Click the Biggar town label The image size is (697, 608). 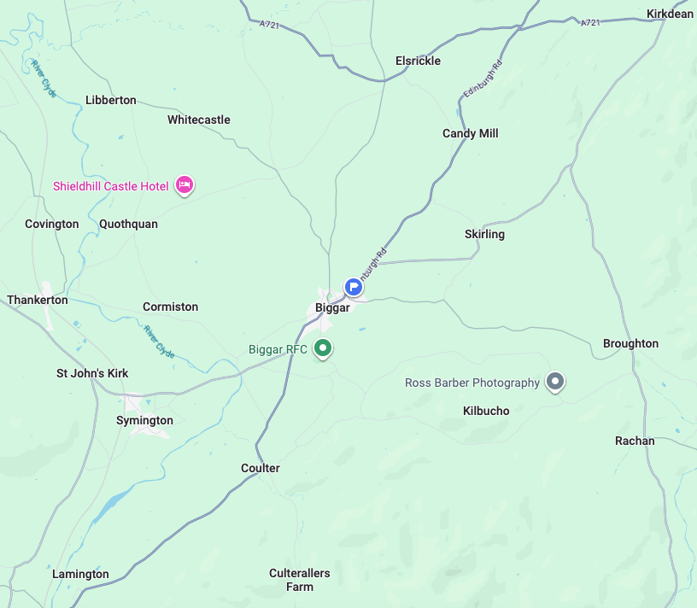pos(332,307)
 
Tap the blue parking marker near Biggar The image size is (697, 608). pos(354,287)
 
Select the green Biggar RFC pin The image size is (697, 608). pos(323,348)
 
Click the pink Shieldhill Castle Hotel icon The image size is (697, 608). pos(184,184)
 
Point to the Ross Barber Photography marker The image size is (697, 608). pos(555,381)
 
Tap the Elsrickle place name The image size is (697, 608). pos(419,61)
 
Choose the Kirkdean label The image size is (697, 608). pos(671,14)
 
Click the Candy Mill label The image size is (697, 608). pos(470,133)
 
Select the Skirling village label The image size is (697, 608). pos(484,234)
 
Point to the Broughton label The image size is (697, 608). pos(630,343)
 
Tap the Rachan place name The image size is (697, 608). pos(635,441)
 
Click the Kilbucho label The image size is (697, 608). pos(486,411)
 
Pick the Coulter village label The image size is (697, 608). pos(261,468)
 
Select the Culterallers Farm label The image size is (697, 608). pos(300,580)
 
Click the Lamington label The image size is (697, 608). pos(80,574)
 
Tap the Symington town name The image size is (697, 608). pos(144,420)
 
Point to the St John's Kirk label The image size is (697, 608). pos(92,373)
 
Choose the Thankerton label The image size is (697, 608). pos(38,300)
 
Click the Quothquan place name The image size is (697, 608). pos(128,224)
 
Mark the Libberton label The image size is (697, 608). pos(111,100)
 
